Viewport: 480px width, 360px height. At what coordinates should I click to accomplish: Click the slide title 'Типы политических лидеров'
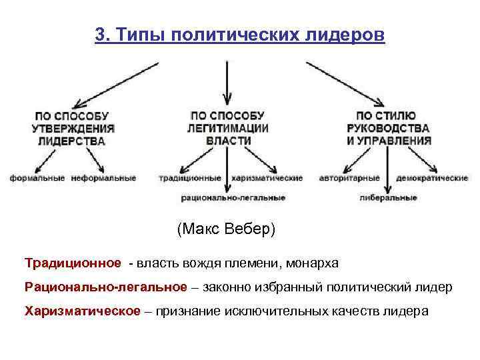tap(250, 35)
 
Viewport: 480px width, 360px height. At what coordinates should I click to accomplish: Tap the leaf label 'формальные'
tap(37, 178)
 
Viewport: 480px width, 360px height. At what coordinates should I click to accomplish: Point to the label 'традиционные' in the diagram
tap(190, 179)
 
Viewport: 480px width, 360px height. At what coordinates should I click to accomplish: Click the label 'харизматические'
tap(267, 179)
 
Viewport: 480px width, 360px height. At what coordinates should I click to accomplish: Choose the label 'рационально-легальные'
tap(233, 197)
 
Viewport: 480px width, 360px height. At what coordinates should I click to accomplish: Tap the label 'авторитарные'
tap(349, 179)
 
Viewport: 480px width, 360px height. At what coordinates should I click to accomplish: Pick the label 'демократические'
tap(432, 179)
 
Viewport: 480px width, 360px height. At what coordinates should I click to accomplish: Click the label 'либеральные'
tap(388, 197)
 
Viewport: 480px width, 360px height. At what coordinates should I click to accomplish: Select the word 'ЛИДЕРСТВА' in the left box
tap(72, 141)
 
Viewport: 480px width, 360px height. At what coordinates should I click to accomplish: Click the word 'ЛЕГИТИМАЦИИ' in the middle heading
tap(228, 128)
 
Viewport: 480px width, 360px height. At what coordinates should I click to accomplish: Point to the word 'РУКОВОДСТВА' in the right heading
tap(388, 128)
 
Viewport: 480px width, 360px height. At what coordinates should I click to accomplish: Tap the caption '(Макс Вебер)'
tap(226, 229)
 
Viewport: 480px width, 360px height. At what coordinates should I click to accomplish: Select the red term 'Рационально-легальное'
tap(106, 287)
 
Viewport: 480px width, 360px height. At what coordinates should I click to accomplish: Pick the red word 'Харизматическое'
tap(83, 311)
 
